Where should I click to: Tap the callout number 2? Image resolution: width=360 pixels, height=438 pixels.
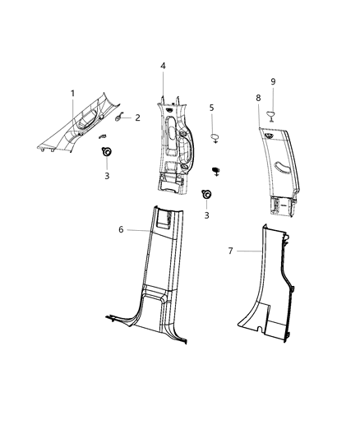click(137, 118)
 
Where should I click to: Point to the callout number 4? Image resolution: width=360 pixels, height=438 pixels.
click(163, 65)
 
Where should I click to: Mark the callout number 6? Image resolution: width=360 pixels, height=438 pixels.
click(121, 229)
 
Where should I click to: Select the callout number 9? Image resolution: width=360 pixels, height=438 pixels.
click(274, 81)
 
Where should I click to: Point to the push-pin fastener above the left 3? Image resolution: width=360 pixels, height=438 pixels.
click(106, 151)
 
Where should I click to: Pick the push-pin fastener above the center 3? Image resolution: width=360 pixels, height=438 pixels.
click(206, 195)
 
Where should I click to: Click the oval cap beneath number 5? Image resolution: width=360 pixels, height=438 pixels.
click(213, 133)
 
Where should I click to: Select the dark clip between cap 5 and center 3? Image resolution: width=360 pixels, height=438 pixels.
click(218, 170)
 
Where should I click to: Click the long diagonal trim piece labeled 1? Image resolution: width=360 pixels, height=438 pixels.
click(82, 123)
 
